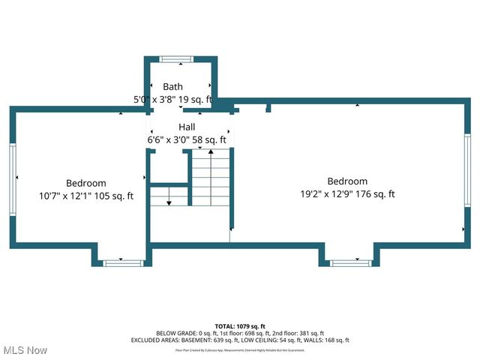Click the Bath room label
(x=172, y=87)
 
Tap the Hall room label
(x=187, y=127)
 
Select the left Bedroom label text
(x=85, y=183)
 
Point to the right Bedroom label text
(x=347, y=181)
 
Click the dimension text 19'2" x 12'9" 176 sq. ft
(x=346, y=194)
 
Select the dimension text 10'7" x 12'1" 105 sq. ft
(x=86, y=196)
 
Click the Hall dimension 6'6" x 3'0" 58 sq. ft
(x=187, y=139)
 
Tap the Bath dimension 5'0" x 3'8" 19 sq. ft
(x=173, y=99)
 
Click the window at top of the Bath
(x=175, y=59)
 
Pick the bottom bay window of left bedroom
(x=123, y=262)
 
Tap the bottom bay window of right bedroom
(x=350, y=262)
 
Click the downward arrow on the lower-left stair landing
(x=169, y=199)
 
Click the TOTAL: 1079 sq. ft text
(x=240, y=326)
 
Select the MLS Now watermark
(x=25, y=350)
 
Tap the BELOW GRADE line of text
(x=240, y=333)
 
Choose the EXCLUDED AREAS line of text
(x=240, y=340)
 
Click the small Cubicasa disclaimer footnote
(x=240, y=349)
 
